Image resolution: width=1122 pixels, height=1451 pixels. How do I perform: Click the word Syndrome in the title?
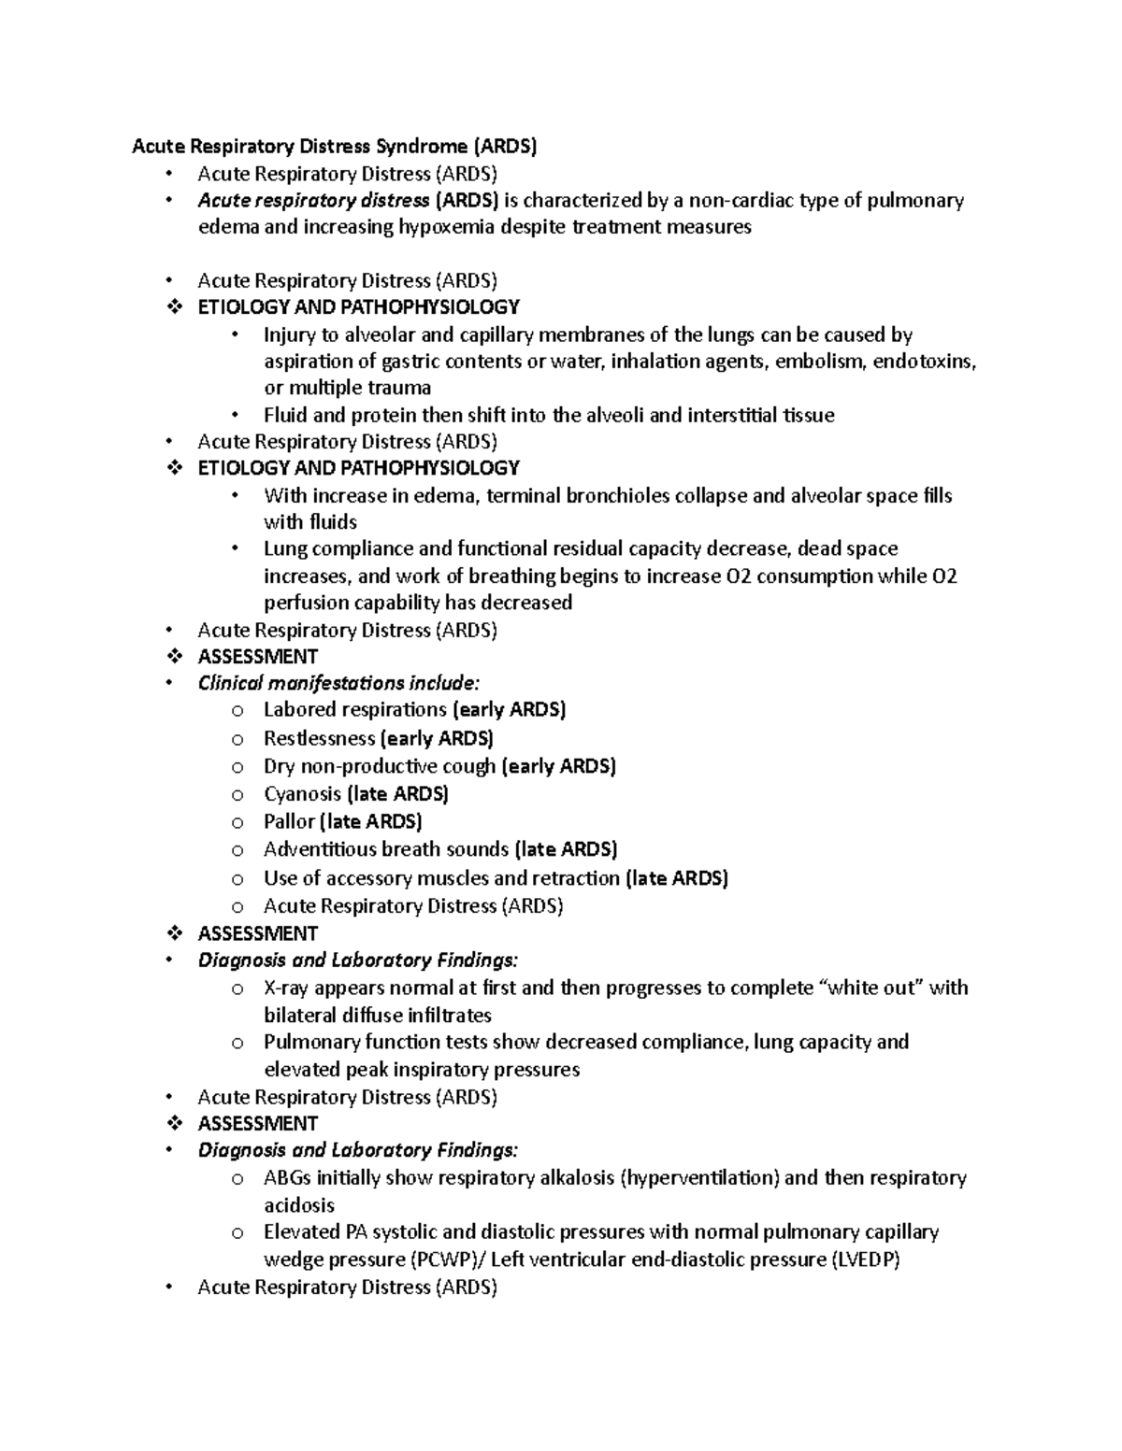[420, 146]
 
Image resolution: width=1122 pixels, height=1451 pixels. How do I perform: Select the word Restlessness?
[319, 738]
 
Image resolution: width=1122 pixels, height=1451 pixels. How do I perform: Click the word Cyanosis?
[302, 794]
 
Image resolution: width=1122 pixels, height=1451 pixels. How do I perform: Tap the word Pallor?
[289, 822]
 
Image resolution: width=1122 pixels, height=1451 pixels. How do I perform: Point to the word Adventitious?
[321, 849]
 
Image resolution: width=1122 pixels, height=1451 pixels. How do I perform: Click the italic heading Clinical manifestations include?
[338, 683]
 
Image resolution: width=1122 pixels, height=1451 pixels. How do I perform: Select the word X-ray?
[286, 988]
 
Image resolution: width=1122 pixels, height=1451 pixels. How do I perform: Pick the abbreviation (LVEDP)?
[865, 1259]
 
